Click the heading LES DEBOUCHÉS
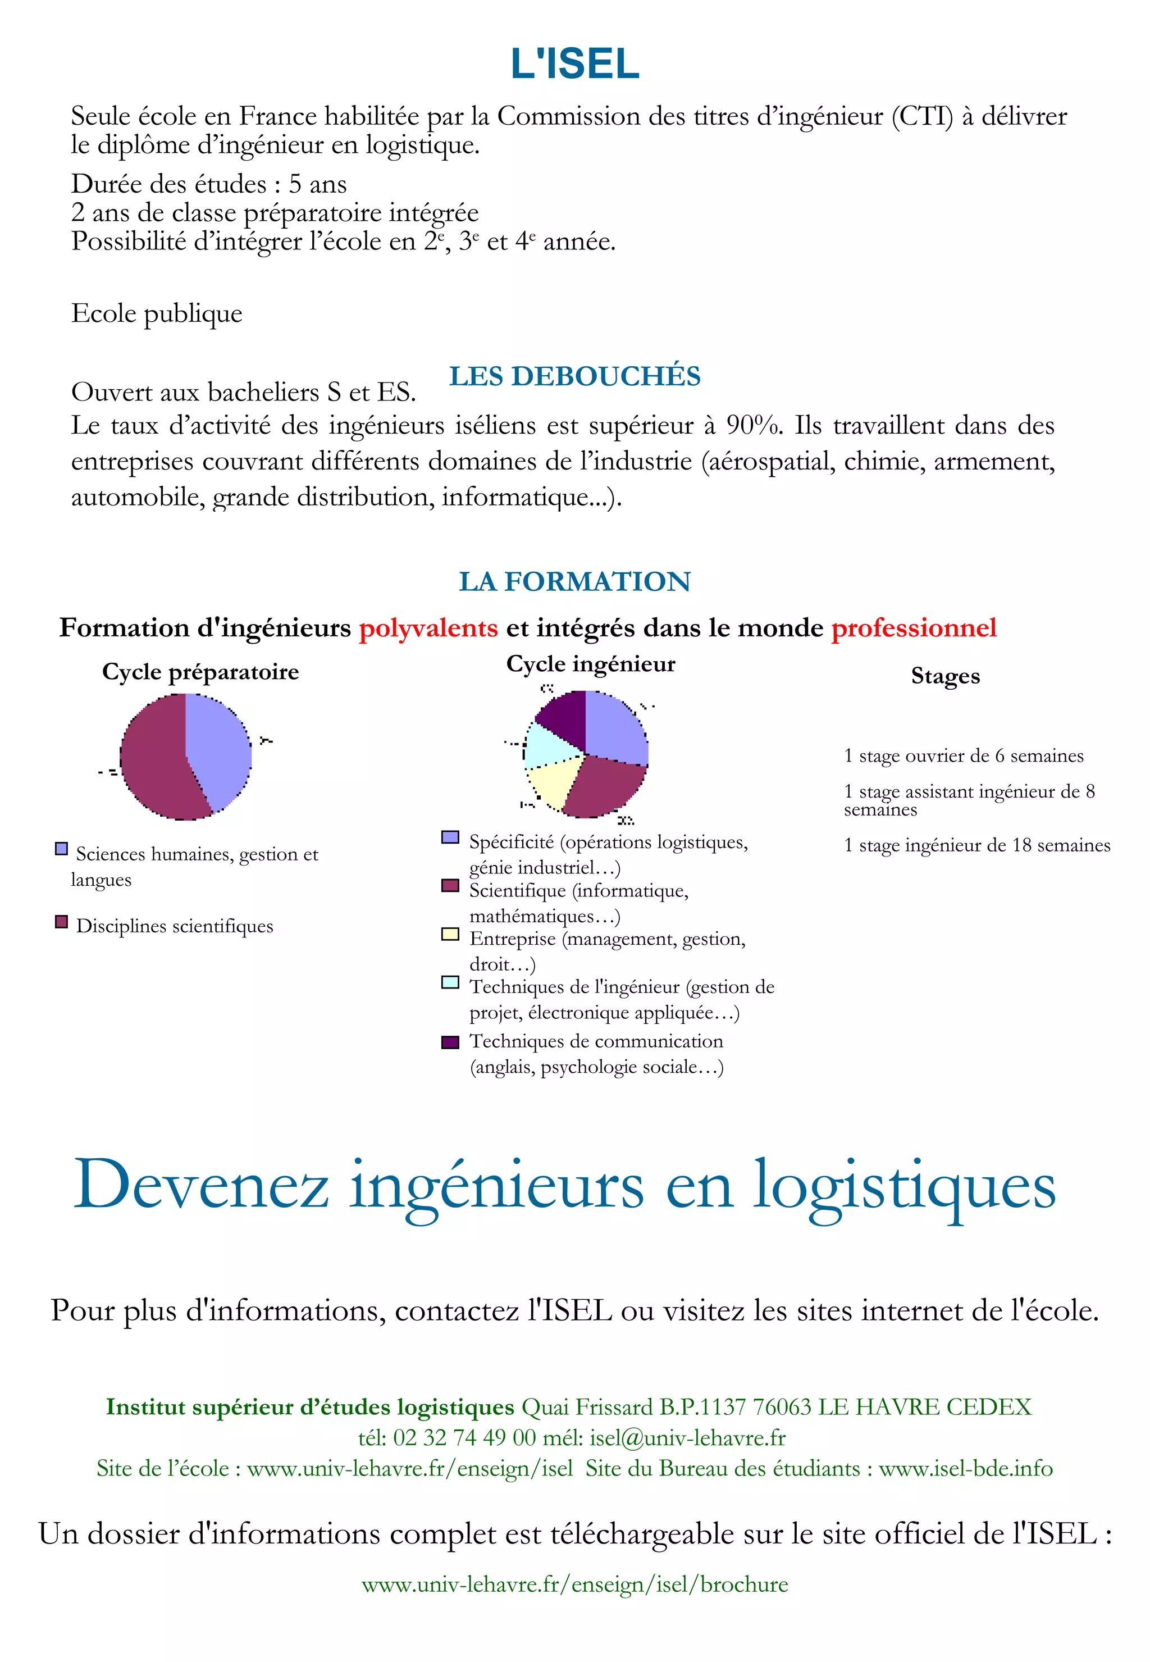pyautogui.click(x=574, y=376)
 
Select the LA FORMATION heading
pyautogui.click(x=574, y=582)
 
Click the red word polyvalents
pyautogui.click(x=428, y=628)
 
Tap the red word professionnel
pyautogui.click(x=914, y=628)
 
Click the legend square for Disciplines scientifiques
pyautogui.click(x=62, y=922)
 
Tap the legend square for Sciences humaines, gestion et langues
pyautogui.click(x=62, y=849)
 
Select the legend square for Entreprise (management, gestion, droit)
pyautogui.click(x=450, y=935)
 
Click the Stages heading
pyautogui.click(x=946, y=676)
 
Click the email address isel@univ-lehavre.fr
pyautogui.click(x=687, y=1438)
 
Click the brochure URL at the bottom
pyautogui.click(x=574, y=1584)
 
